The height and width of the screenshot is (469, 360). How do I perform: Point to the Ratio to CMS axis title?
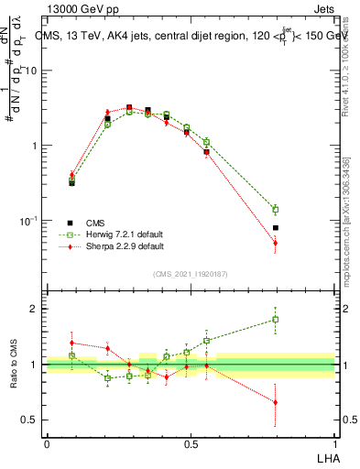pyautogui.click(x=14, y=365)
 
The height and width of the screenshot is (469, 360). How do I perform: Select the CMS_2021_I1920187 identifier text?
pyautogui.click(x=191, y=273)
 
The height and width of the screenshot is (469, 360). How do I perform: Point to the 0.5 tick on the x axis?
pyautogui.click(x=191, y=443)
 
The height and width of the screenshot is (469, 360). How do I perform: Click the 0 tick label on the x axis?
pyautogui.click(x=47, y=443)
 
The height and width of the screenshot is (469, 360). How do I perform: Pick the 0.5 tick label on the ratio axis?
pyautogui.click(x=30, y=420)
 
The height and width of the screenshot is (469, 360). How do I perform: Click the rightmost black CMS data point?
pyautogui.click(x=276, y=228)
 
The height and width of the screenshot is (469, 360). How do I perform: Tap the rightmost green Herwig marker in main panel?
pyautogui.click(x=276, y=210)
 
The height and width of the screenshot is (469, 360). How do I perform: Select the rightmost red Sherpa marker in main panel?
pyautogui.click(x=276, y=243)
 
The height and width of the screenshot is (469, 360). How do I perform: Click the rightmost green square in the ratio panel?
pyautogui.click(x=276, y=320)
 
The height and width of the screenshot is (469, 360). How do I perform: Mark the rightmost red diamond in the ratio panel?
pyautogui.click(x=276, y=402)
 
